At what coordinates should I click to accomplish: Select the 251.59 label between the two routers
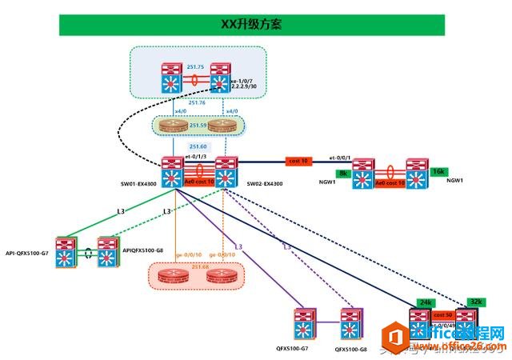[x=198, y=126]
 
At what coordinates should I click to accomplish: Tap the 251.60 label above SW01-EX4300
[x=198, y=147]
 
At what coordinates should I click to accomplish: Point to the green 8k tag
[x=344, y=173]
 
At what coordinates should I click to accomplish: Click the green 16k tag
[x=439, y=172]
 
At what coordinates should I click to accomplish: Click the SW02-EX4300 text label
[x=264, y=183]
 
